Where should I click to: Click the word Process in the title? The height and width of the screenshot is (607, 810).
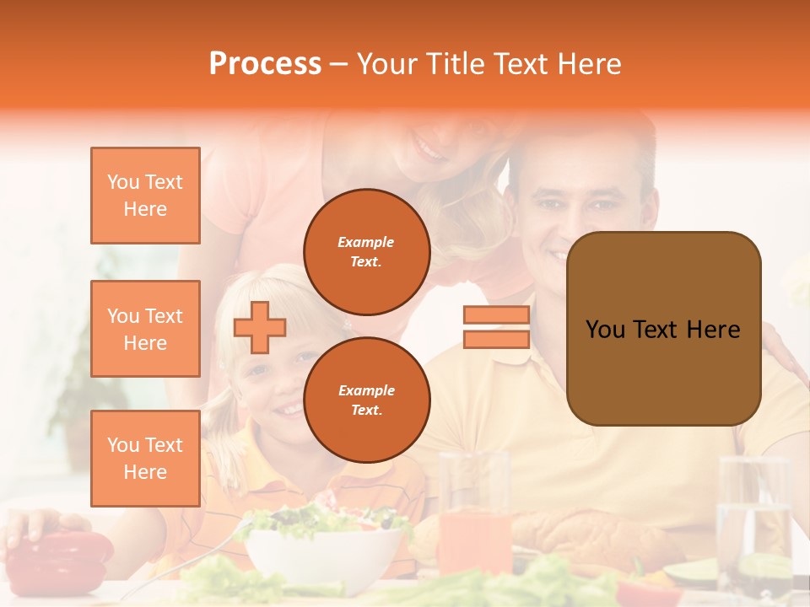[x=265, y=64]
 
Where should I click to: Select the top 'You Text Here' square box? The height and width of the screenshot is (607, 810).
[x=145, y=196]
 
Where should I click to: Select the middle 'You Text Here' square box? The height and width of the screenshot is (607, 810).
[x=145, y=329]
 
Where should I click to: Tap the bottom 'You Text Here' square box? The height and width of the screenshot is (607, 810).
[x=145, y=458]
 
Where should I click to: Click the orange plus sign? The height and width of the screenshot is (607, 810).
[x=260, y=327]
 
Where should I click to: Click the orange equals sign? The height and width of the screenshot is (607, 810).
[x=496, y=327]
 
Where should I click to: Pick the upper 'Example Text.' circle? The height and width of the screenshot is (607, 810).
[x=366, y=251]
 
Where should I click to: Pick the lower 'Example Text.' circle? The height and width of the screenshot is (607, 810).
[x=366, y=400]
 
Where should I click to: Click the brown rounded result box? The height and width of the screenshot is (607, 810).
[x=663, y=329]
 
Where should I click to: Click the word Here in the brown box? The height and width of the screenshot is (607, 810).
[x=713, y=330]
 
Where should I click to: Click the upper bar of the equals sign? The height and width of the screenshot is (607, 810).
[x=496, y=315]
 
